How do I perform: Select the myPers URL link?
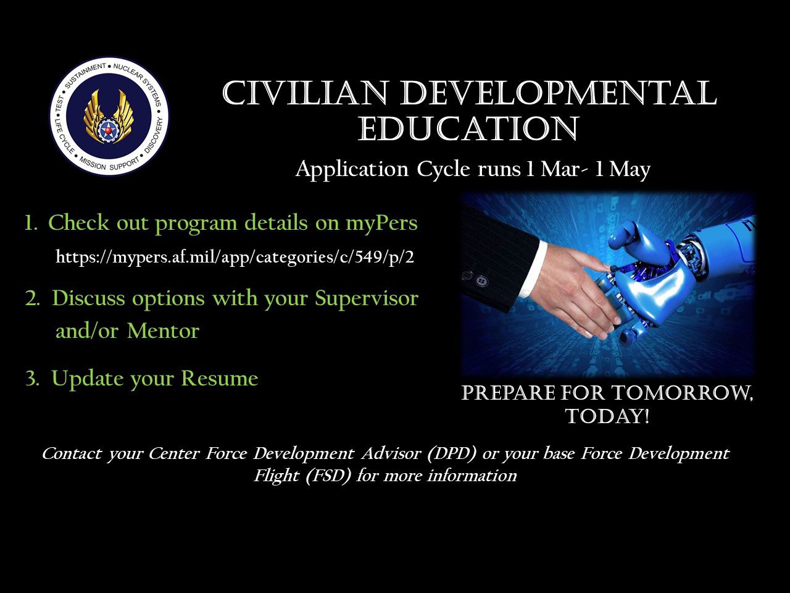(x=235, y=257)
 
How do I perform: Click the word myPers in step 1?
(x=381, y=223)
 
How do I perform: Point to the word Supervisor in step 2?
(x=367, y=298)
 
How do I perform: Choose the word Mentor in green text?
(x=163, y=330)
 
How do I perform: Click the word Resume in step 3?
(x=220, y=378)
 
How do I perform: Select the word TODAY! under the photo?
(x=607, y=416)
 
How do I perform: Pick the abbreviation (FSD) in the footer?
(x=328, y=476)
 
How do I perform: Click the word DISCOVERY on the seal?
(x=155, y=134)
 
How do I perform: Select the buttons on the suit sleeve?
(x=475, y=278)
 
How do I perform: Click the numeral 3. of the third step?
(x=32, y=379)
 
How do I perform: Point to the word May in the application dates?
(x=630, y=169)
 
